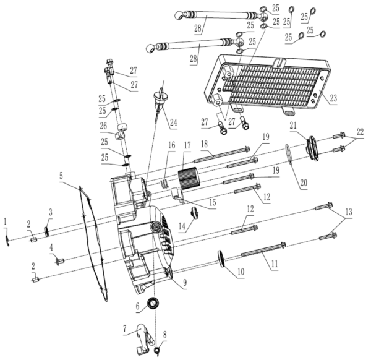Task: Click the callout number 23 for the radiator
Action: [x=333, y=98]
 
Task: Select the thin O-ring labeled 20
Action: [x=289, y=153]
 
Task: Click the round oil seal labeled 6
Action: [x=153, y=303]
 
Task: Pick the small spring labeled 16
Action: [x=165, y=183]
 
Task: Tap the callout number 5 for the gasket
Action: [x=61, y=176]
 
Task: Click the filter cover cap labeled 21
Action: [x=313, y=148]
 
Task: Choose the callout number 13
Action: [x=349, y=212]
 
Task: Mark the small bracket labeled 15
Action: [x=177, y=195]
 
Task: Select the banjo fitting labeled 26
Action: [x=122, y=132]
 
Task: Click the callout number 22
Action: [x=360, y=132]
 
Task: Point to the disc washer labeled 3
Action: [x=46, y=231]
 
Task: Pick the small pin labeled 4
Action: [x=60, y=261]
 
